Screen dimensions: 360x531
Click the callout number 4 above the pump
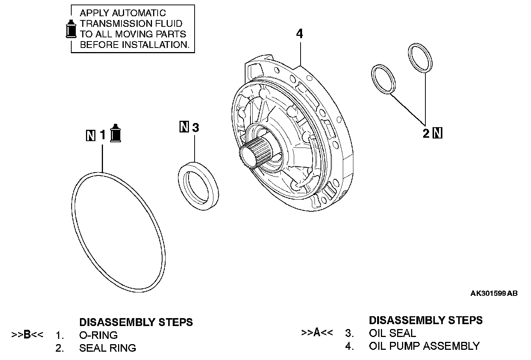pos(299,34)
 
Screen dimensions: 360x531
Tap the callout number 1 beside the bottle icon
pos(103,135)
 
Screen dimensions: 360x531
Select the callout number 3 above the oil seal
pos(195,128)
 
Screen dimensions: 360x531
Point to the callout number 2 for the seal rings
pos(426,133)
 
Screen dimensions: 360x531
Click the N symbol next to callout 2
pos(438,133)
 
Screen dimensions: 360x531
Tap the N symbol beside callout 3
pos(184,127)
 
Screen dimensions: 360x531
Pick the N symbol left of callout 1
pos(91,135)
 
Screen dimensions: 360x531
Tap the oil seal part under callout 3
pos(198,184)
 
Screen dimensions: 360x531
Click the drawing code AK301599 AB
pos(494,293)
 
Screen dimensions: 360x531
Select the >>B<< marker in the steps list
pos(28,335)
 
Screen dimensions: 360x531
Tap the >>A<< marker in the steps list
pos(317,333)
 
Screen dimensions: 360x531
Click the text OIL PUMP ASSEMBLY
pos(424,346)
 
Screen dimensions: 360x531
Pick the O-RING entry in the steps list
pos(98,335)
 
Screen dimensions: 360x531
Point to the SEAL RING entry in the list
pos(107,348)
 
